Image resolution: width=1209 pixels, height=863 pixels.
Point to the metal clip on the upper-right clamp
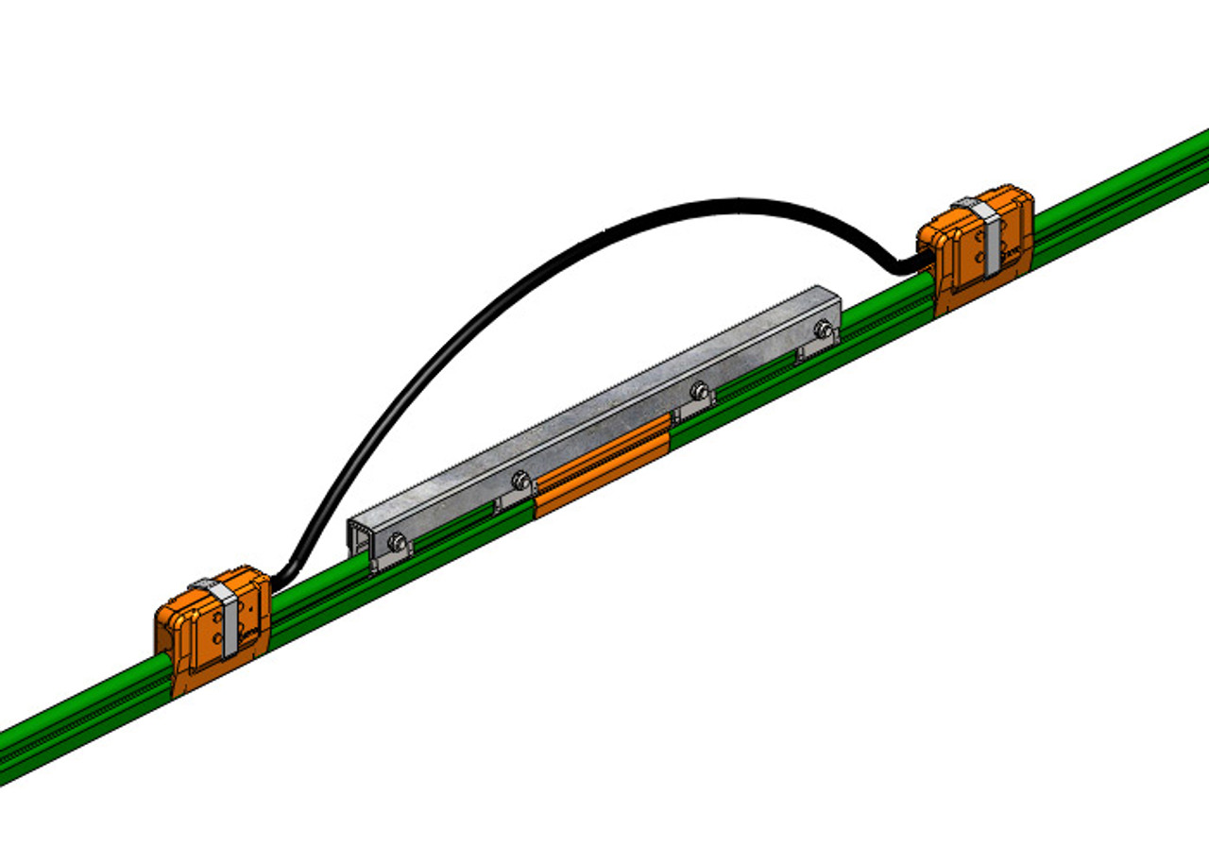pyautogui.click(x=988, y=236)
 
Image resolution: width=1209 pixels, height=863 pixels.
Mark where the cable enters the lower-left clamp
pyautogui.click(x=276, y=580)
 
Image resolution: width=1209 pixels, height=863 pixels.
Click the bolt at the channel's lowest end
pyautogui.click(x=397, y=542)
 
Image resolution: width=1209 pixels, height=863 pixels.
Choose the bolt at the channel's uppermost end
pyautogui.click(x=823, y=329)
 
